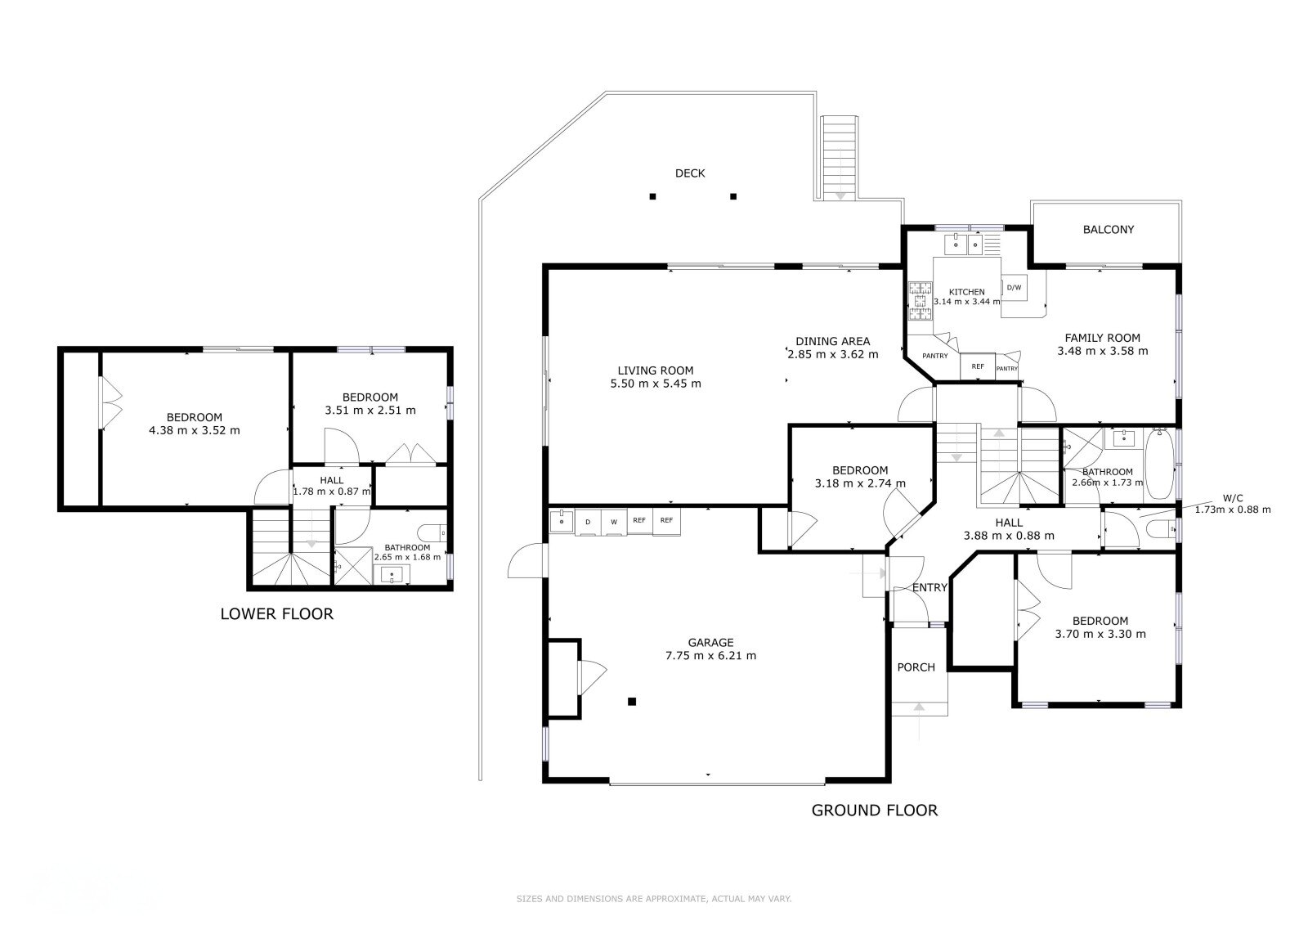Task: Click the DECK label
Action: [x=690, y=173]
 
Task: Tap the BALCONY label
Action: [x=1108, y=230]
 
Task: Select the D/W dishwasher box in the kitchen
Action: [x=1015, y=288]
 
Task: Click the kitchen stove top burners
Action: [x=921, y=302]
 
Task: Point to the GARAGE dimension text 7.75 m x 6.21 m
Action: [x=710, y=656]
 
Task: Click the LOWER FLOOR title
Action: [x=277, y=614]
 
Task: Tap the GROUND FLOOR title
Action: [x=874, y=810]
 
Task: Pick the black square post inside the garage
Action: [x=631, y=701]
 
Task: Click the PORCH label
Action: [x=916, y=667]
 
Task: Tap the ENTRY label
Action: [x=929, y=588]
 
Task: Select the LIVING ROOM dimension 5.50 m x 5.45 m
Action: [x=655, y=384]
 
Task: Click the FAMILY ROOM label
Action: [x=1102, y=338]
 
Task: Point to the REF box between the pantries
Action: [x=978, y=366]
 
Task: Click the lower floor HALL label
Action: [x=331, y=480]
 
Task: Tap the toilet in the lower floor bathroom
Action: [x=432, y=533]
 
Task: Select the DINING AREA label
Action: [x=832, y=341]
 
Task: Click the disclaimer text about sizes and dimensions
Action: [x=653, y=899]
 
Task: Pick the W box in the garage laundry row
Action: [x=614, y=522]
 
